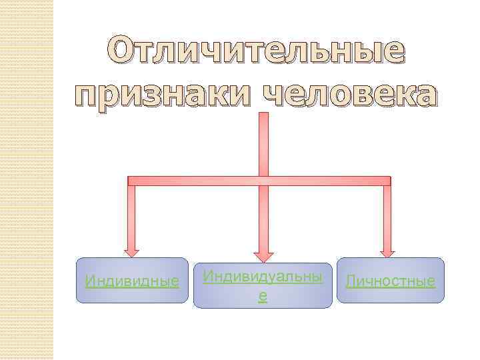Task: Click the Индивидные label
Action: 133,281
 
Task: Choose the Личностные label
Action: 391,281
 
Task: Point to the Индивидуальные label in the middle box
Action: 263,276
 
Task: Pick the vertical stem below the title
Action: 263,143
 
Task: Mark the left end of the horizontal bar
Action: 131,181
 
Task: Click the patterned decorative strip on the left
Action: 27,180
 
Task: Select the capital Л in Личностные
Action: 351,281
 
